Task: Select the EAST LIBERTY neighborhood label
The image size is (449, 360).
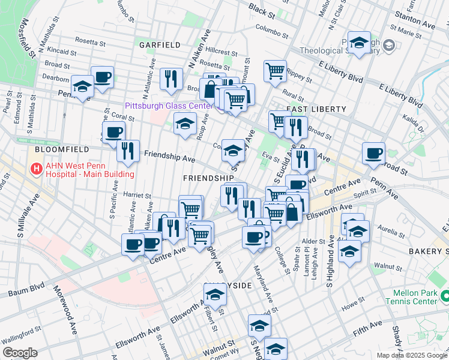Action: pos(316,109)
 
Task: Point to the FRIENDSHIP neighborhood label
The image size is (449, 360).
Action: pos(208,178)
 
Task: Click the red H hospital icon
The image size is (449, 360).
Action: pos(36,169)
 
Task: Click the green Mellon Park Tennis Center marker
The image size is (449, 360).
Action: pos(444,296)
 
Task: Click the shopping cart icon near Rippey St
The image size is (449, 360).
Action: pos(275,70)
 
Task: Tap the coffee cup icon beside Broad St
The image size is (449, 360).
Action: pos(373,153)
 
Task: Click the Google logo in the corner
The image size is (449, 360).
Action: pos(20,353)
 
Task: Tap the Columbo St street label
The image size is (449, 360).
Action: pos(273,28)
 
